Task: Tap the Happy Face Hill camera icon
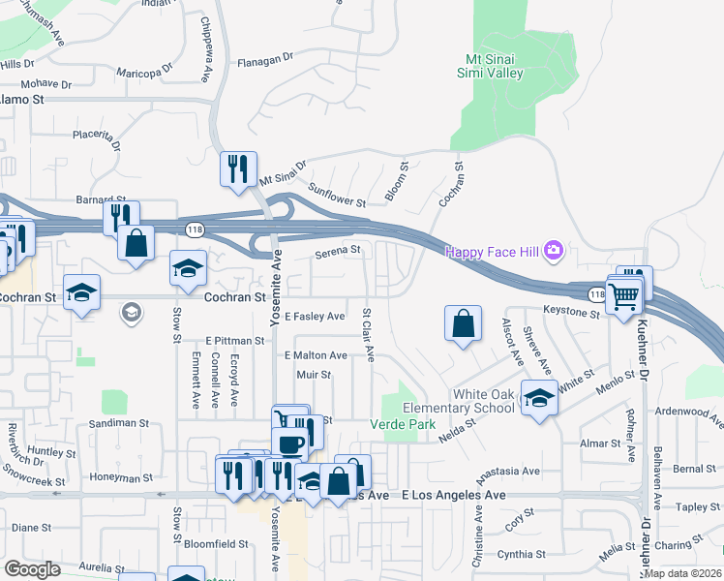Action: pyautogui.click(x=554, y=252)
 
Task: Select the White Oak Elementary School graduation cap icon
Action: pyautogui.click(x=539, y=396)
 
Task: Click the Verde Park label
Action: pyautogui.click(x=397, y=424)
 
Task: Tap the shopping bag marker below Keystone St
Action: pyautogui.click(x=464, y=322)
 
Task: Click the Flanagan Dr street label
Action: pyautogui.click(x=265, y=58)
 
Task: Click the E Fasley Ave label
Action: pyautogui.click(x=315, y=317)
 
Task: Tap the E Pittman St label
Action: pyautogui.click(x=234, y=341)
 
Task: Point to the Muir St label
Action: pyautogui.click(x=314, y=374)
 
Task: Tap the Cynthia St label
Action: pyautogui.click(x=522, y=554)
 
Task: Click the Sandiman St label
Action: pyautogui.click(x=118, y=423)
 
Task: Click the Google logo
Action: pyautogui.click(x=32, y=569)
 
